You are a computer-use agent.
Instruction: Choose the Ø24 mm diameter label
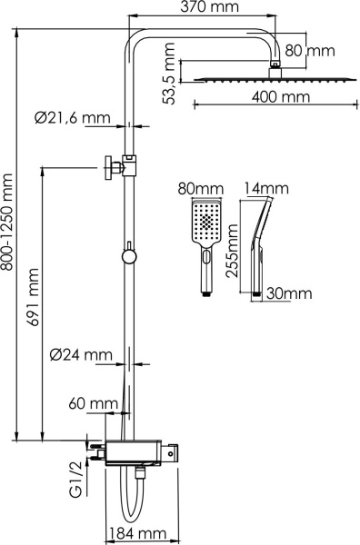pyautogui.click(x=82, y=354)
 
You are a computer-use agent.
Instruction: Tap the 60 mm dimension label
pyautogui.click(x=94, y=402)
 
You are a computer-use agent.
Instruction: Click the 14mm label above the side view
pyautogui.click(x=265, y=189)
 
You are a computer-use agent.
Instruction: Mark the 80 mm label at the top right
pyautogui.click(x=322, y=51)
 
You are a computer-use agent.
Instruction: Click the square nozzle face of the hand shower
pyautogui.click(x=206, y=223)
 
